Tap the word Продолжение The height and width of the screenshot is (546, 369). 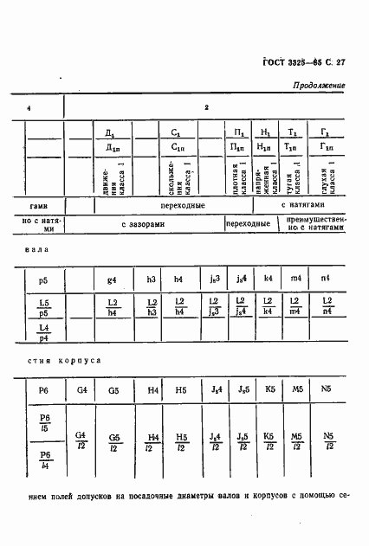318,87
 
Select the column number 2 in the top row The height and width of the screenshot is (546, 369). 206,107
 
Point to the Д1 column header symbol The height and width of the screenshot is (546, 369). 109,132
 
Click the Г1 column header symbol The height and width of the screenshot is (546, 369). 324,132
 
